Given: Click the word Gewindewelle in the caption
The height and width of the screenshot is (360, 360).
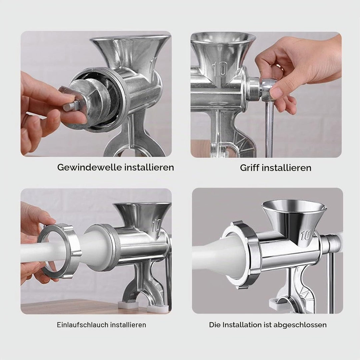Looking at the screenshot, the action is [x=90, y=167].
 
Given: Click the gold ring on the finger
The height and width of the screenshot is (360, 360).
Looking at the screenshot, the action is [x=280, y=67].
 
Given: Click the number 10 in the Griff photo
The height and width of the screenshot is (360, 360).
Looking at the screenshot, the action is [x=220, y=69].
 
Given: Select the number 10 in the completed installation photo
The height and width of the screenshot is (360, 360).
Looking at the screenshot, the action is [x=306, y=235].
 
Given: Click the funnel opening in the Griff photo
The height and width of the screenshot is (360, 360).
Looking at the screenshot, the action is [x=223, y=38].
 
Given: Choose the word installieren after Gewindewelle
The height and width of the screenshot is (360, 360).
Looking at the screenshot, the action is [x=149, y=167].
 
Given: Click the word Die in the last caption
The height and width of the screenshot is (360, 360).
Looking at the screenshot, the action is [x=215, y=325].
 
